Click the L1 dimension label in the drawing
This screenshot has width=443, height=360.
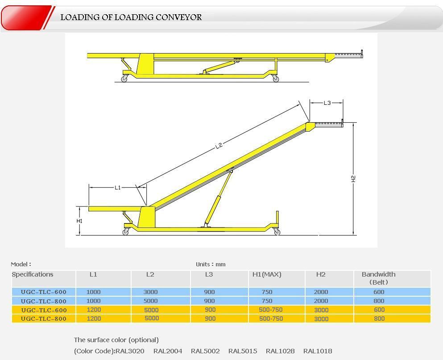(117, 187)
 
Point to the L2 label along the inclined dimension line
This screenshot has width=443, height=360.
(219, 145)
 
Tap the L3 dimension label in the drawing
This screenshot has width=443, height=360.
(327, 103)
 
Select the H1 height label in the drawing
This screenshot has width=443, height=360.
(79, 221)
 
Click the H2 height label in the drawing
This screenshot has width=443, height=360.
(353, 178)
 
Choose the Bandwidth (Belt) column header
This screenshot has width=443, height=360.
(379, 278)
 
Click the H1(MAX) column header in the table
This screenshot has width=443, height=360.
(267, 274)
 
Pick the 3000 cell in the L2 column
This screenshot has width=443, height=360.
(150, 292)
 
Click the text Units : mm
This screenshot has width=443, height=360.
(211, 264)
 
